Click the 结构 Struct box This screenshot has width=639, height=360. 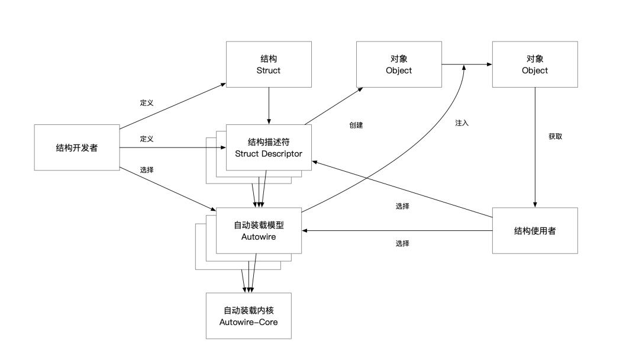point(269,65)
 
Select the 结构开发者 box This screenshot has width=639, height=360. point(77,147)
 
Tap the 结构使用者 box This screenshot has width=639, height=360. point(535,230)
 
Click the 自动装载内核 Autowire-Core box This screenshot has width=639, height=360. point(248,316)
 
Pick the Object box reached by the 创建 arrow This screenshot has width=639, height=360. point(399,65)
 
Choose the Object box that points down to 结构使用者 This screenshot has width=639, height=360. point(535,65)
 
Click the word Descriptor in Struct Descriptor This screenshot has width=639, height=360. point(280,154)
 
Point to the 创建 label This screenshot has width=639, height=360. point(356,126)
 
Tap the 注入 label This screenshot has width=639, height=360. point(461,123)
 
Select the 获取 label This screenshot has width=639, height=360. point(556,136)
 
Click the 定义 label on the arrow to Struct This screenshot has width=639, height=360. point(147,103)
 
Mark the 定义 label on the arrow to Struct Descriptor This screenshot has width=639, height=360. point(147,139)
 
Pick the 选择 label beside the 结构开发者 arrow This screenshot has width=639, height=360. point(147,170)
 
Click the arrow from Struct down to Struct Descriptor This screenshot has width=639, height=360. point(269,107)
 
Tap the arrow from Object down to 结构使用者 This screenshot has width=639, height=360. point(535,148)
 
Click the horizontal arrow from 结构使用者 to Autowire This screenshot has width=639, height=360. point(396,230)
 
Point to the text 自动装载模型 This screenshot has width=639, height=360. point(259,225)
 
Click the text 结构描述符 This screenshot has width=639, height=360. point(269,142)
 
